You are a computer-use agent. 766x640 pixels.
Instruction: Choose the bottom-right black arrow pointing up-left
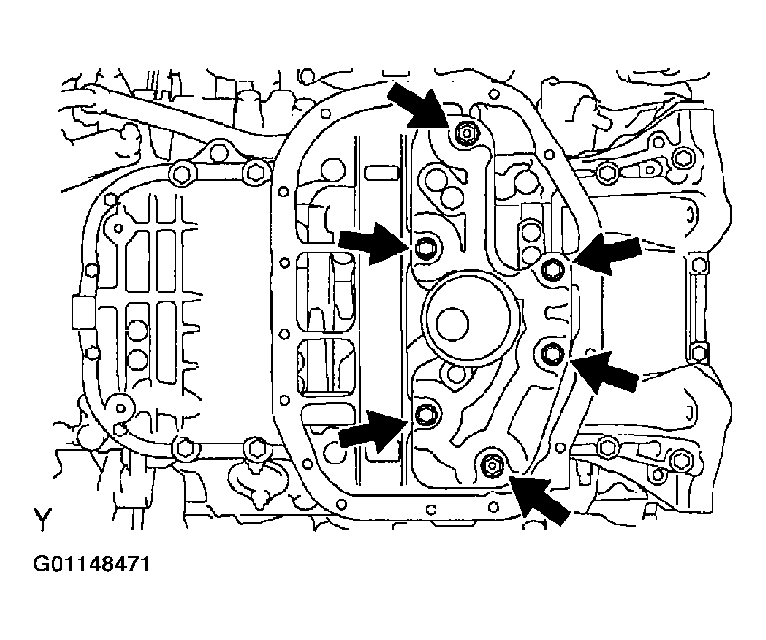click(x=541, y=496)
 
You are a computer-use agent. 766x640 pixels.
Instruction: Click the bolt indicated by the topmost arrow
click(x=464, y=133)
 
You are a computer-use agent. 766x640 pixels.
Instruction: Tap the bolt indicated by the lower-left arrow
click(x=426, y=416)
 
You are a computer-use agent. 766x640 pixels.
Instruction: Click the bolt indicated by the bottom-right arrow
click(x=492, y=465)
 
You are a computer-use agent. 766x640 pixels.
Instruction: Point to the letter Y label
click(x=43, y=520)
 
